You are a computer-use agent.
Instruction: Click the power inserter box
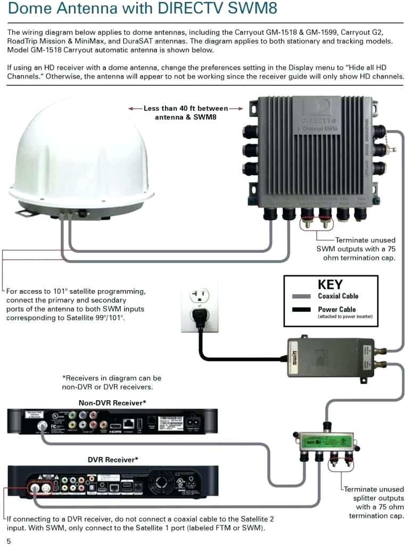click(x=330, y=357)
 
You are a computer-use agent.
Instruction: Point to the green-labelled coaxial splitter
click(x=325, y=441)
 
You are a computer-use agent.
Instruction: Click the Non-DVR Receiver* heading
click(x=112, y=403)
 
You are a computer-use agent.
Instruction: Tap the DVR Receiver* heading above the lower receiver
click(x=113, y=459)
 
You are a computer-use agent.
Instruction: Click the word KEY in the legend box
click(x=330, y=284)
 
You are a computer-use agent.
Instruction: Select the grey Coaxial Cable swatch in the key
click(x=301, y=296)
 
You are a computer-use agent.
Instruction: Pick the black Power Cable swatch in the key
click(x=301, y=310)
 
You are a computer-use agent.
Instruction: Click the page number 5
click(x=9, y=541)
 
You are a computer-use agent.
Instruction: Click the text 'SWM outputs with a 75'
click(x=356, y=249)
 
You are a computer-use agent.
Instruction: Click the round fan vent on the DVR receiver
click(x=163, y=479)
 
